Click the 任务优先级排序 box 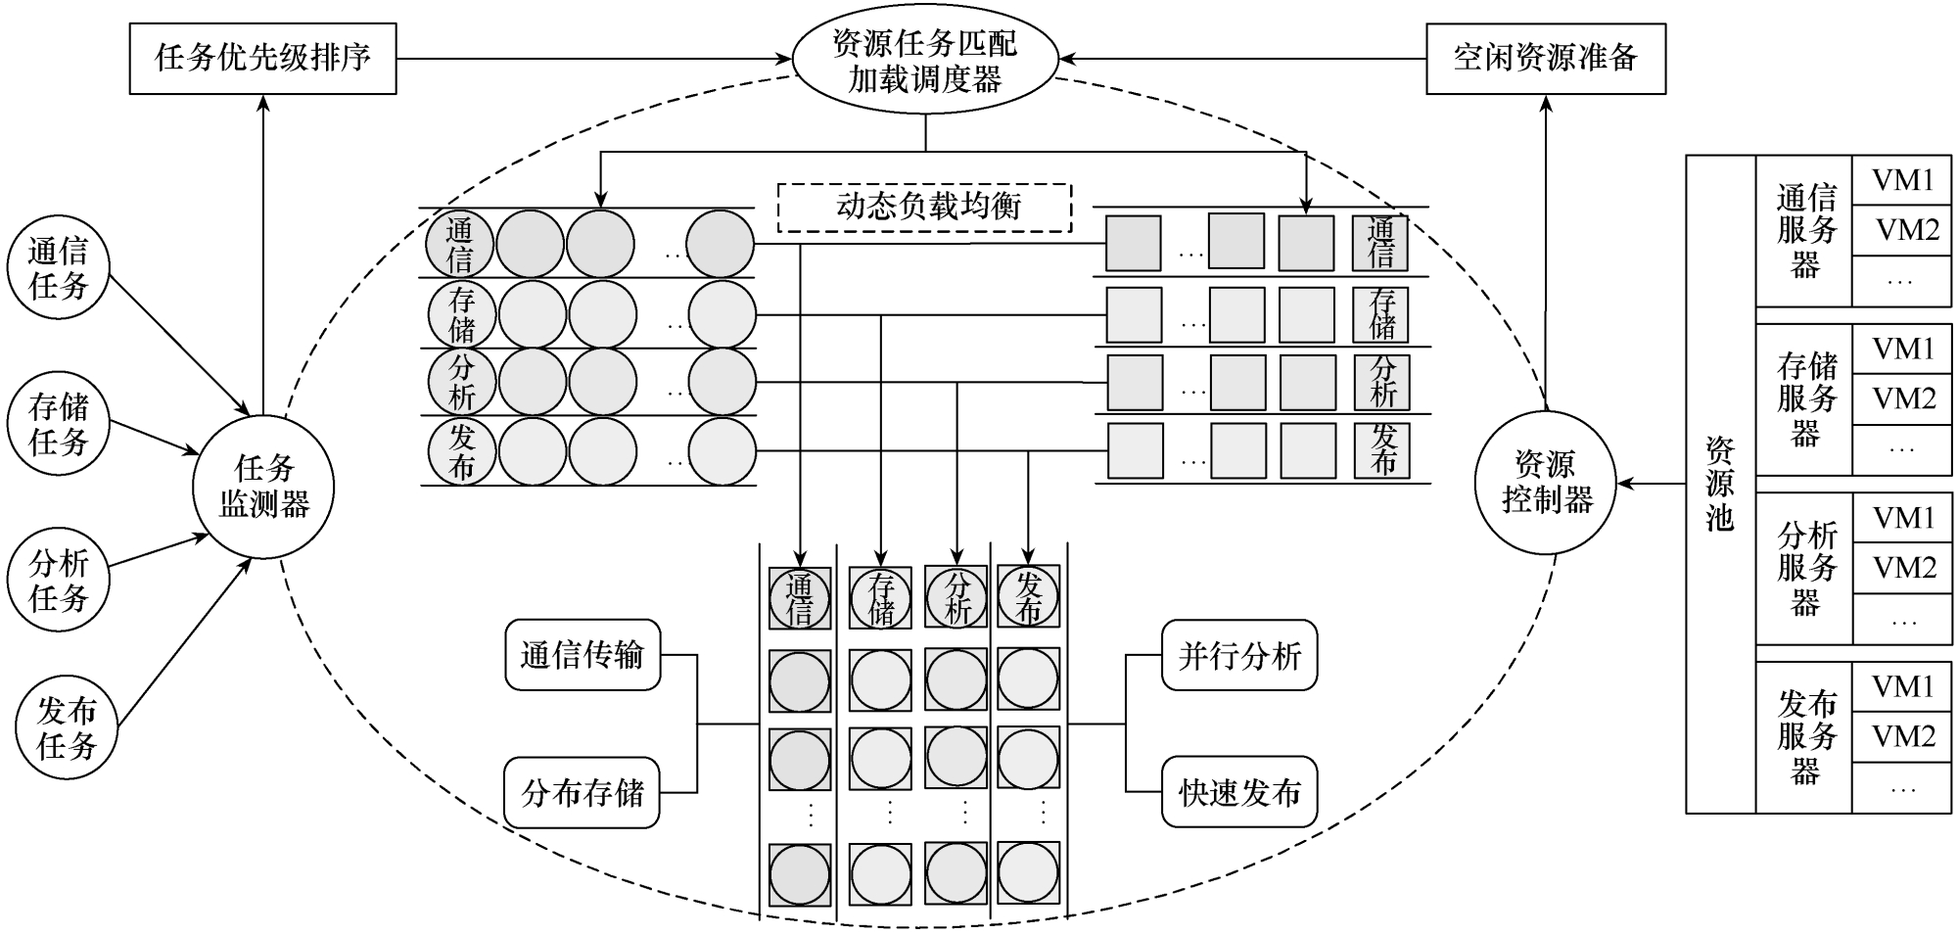pos(262,59)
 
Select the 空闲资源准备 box pos(1545,59)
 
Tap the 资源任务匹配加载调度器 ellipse pos(925,62)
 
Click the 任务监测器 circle pos(263,487)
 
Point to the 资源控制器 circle pos(1546,483)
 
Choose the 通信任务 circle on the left pos(59,268)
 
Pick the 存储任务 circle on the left pos(59,424)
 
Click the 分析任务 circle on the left pos(59,580)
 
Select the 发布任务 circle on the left pos(66,729)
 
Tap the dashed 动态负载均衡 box pos(925,208)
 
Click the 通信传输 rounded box pos(583,654)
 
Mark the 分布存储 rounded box pos(583,792)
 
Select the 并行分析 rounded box pos(1239,654)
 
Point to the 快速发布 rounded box pos(1239,792)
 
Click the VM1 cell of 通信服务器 pos(1902,180)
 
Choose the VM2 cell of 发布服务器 pos(1902,736)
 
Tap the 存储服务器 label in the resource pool pos(1805,399)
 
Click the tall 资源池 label pos(1720,485)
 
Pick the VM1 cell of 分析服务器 pos(1902,518)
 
